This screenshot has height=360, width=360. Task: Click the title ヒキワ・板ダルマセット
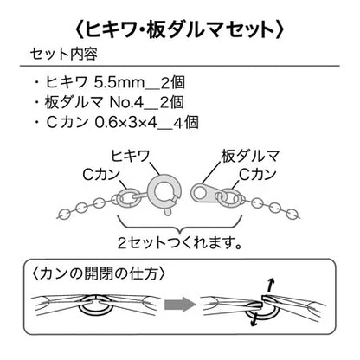click(x=179, y=29)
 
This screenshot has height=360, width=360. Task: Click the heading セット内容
click(x=63, y=54)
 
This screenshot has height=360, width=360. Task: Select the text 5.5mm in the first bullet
click(x=119, y=83)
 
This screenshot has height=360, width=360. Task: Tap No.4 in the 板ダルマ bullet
click(x=126, y=103)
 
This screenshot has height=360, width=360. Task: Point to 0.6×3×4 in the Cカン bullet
click(x=126, y=123)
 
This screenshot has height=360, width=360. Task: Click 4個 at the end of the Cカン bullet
click(x=186, y=123)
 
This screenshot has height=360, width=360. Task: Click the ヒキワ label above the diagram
click(x=130, y=156)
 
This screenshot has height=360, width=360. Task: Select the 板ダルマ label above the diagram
click(x=250, y=156)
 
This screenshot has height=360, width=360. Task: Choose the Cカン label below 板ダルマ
click(x=257, y=174)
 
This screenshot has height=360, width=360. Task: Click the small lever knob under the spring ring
click(x=167, y=212)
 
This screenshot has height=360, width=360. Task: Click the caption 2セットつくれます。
click(x=179, y=243)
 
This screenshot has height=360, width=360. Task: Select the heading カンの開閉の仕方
click(x=99, y=273)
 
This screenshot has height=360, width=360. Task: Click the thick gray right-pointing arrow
click(x=180, y=304)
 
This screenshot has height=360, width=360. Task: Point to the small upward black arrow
click(x=270, y=285)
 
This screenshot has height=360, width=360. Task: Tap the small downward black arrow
click(x=254, y=319)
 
